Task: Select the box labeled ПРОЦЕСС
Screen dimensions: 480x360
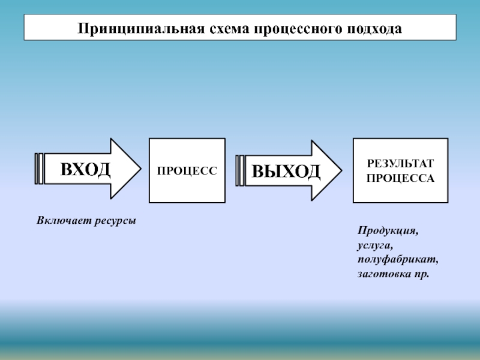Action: (x=187, y=170)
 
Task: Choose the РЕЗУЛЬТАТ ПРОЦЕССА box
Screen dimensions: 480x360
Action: (x=400, y=170)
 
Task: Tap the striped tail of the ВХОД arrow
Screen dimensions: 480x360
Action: (x=40, y=169)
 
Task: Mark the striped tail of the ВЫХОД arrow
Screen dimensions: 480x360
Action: (x=241, y=171)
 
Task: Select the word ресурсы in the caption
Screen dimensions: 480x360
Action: (x=114, y=221)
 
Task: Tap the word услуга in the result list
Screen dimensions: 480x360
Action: (x=376, y=245)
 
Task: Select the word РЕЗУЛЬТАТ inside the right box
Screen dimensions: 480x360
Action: (x=400, y=164)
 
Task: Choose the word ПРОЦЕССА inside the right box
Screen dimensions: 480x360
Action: (x=400, y=178)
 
